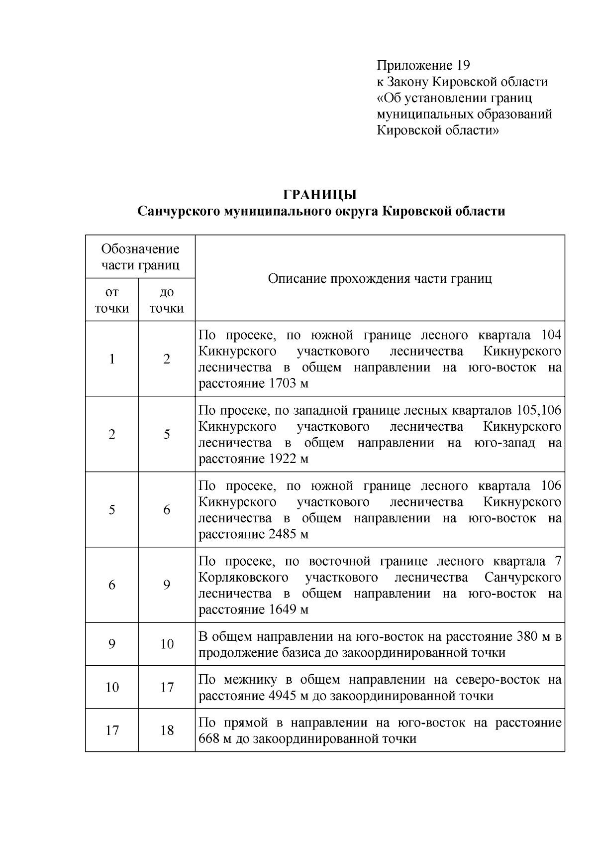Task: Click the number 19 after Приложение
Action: pyautogui.click(x=462, y=65)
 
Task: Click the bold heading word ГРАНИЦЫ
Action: pyautogui.click(x=321, y=194)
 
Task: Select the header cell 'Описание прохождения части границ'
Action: pyautogui.click(x=380, y=278)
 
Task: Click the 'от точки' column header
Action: pyautogui.click(x=112, y=300)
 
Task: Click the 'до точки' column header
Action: pyautogui.click(x=167, y=300)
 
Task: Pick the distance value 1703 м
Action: pyautogui.click(x=288, y=383)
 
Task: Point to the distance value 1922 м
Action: pyautogui.click(x=288, y=459)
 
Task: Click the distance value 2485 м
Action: pyautogui.click(x=288, y=534)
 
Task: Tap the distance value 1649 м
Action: pyautogui.click(x=288, y=609)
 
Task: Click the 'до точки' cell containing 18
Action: pyautogui.click(x=167, y=730)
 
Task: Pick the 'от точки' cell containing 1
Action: pyautogui.click(x=112, y=359)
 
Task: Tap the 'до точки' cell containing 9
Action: pyautogui.click(x=167, y=585)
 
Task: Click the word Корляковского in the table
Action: pyautogui.click(x=243, y=578)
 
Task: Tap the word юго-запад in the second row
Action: pyautogui.click(x=505, y=443)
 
